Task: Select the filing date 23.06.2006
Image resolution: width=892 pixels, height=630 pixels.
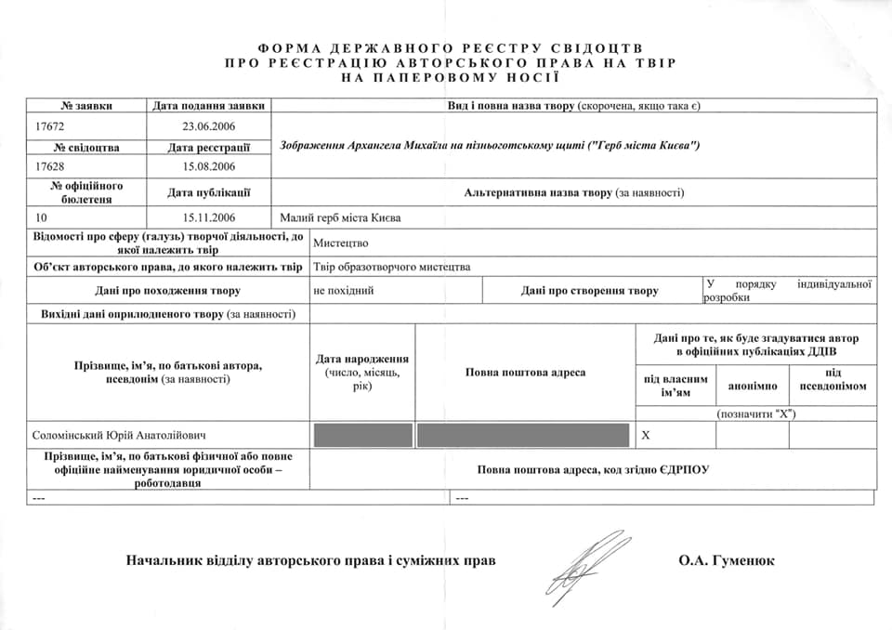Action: coord(209,125)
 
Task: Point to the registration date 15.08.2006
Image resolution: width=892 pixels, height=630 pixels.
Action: coord(209,166)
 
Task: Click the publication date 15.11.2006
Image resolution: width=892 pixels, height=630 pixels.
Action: coord(209,217)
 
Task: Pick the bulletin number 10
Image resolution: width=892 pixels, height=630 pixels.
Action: coord(40,217)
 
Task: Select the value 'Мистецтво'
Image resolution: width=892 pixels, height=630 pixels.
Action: coord(341,243)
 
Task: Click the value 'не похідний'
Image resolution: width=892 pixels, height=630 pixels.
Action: coord(344,291)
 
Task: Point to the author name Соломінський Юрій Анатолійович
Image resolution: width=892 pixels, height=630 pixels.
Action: coord(119,435)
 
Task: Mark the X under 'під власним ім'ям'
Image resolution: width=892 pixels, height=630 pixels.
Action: coord(647,435)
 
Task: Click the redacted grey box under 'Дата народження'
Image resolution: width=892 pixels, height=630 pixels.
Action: coord(362,435)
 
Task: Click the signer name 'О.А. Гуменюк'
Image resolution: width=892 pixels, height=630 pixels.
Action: coord(727,560)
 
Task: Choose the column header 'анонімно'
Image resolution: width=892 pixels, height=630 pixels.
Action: coord(752,386)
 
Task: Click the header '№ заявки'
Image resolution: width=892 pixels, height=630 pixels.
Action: coord(86,105)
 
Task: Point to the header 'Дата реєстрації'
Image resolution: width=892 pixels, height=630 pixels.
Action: coord(209,147)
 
